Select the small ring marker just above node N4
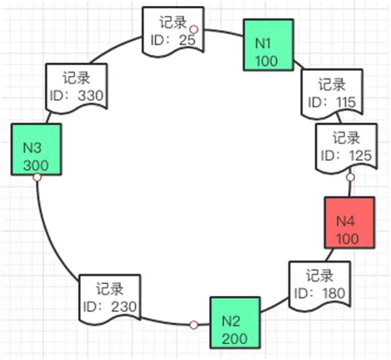click(x=350, y=177)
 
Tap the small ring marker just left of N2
click(x=193, y=324)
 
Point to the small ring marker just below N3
click(x=37, y=178)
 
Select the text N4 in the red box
click(x=346, y=220)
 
